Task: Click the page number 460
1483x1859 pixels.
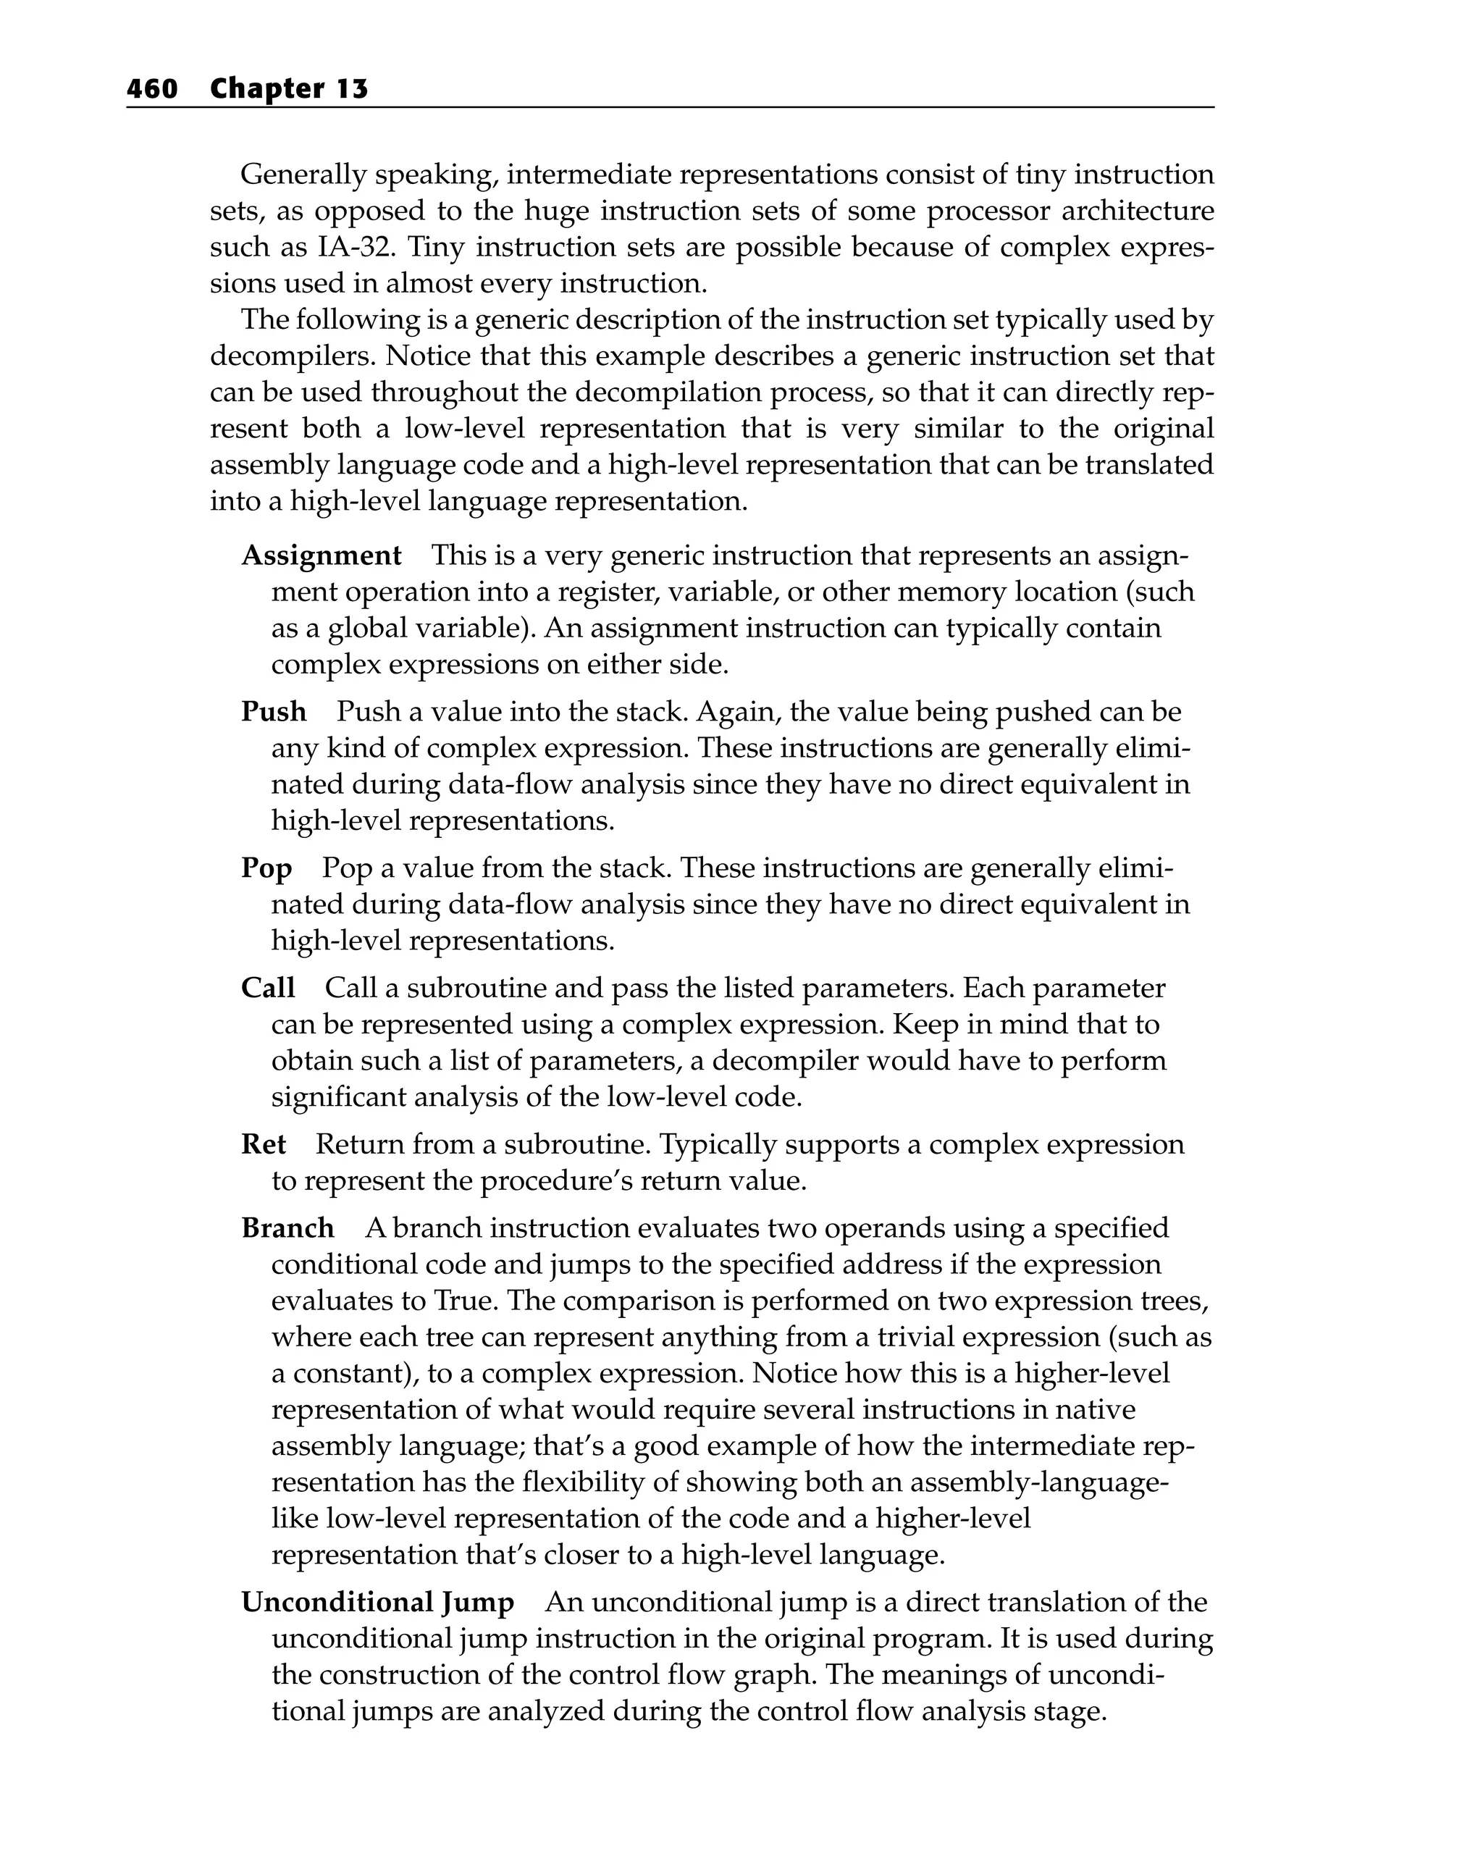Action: (x=152, y=89)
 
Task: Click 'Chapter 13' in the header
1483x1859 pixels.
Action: (x=289, y=89)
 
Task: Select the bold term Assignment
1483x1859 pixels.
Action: (x=321, y=556)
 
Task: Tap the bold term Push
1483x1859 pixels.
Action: (x=273, y=712)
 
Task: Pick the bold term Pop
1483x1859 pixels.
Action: (x=266, y=868)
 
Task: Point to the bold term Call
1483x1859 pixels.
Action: (x=268, y=988)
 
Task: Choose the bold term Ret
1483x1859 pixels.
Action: (x=263, y=1145)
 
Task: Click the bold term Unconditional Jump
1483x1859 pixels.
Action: (x=377, y=1603)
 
